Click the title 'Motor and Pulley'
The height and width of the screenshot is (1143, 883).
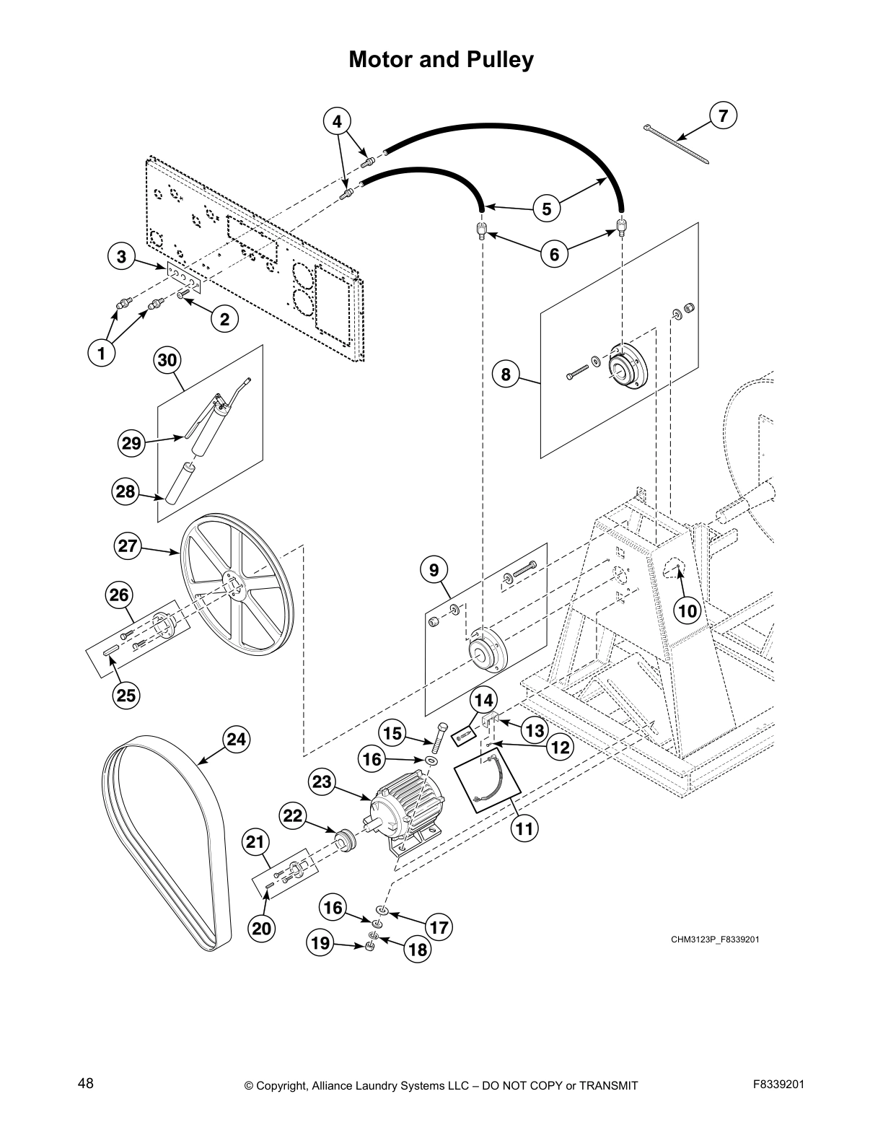[x=441, y=59]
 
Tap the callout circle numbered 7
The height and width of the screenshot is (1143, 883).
[x=724, y=115]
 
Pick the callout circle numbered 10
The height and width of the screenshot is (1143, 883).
[x=687, y=611]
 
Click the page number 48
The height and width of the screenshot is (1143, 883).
[x=86, y=1084]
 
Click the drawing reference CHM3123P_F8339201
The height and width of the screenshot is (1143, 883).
[x=715, y=940]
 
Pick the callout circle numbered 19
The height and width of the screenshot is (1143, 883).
[x=320, y=942]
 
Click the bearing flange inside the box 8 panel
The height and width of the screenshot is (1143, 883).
[x=628, y=370]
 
